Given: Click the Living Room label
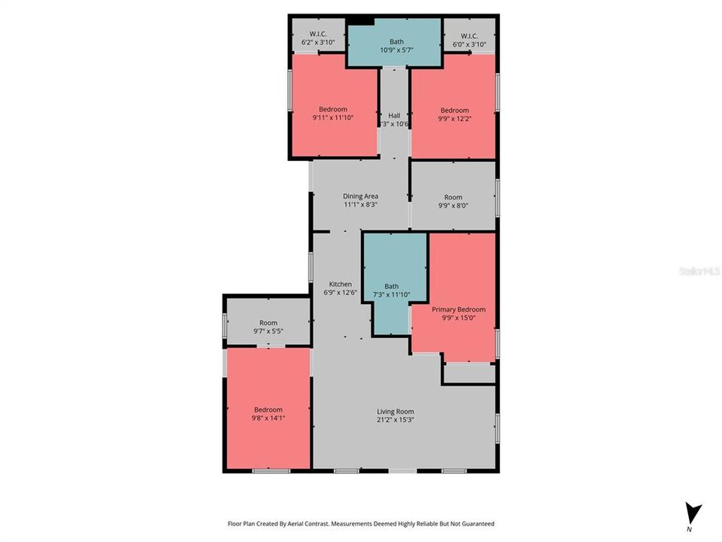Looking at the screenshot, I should click(x=396, y=412).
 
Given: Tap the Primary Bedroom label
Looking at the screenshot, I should click(x=458, y=309).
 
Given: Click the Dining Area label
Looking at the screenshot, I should click(x=360, y=196).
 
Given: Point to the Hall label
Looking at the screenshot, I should click(x=394, y=116).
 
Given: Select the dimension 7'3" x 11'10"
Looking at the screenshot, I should click(x=392, y=294).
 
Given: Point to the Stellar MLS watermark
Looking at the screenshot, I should click(x=699, y=270).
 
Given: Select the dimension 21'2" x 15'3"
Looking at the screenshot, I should click(x=396, y=420).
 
